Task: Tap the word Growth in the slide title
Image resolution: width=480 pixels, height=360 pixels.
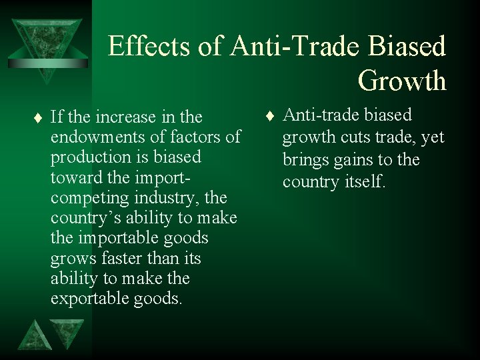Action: pos(401,81)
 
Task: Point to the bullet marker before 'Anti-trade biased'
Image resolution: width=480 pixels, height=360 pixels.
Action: pos(268,117)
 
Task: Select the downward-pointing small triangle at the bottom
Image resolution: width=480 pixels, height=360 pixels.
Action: pos(68,331)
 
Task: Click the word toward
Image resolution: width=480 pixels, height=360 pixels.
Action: pos(73,178)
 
